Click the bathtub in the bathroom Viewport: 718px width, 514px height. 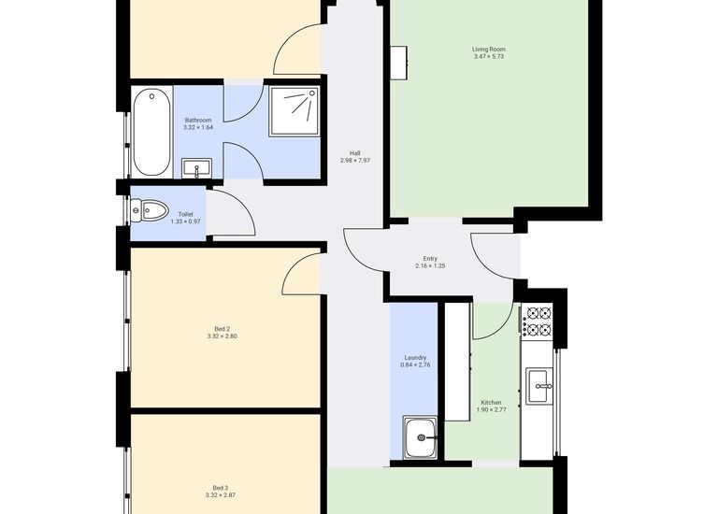point(151,132)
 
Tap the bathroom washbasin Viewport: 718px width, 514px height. point(196,168)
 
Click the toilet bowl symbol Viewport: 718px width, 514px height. point(150,210)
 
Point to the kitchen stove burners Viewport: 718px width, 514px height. point(538,321)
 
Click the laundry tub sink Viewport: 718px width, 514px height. point(422,437)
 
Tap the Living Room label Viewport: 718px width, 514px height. point(489,50)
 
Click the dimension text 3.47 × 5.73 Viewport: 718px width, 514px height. point(489,58)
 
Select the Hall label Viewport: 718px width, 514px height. point(355,153)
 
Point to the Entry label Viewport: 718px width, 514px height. point(429,259)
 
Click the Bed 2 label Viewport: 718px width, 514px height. point(222,329)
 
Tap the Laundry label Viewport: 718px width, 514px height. point(415,357)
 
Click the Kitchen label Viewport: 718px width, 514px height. point(491,402)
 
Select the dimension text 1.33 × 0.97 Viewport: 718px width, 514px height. point(185,221)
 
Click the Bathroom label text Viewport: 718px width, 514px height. point(197,120)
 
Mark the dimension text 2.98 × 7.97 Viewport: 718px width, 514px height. point(355,161)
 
